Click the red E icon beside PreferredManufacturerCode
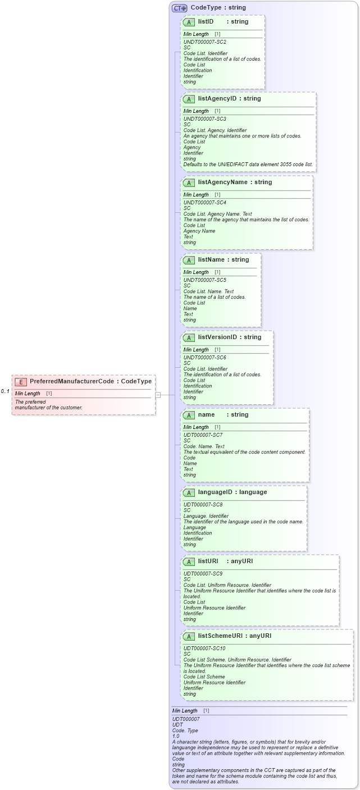(x=21, y=382)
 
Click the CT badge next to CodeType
(x=179, y=8)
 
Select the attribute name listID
(x=206, y=22)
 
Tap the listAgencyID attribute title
(x=217, y=99)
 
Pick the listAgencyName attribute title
(x=221, y=182)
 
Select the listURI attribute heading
(x=208, y=561)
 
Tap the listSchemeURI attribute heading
(x=222, y=636)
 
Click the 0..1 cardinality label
(x=5, y=391)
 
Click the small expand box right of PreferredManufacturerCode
(x=158, y=395)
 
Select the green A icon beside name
(x=189, y=415)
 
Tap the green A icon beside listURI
(x=189, y=561)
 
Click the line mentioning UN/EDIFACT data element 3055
(x=248, y=165)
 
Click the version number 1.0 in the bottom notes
(x=176, y=736)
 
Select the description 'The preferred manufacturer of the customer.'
(x=49, y=405)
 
